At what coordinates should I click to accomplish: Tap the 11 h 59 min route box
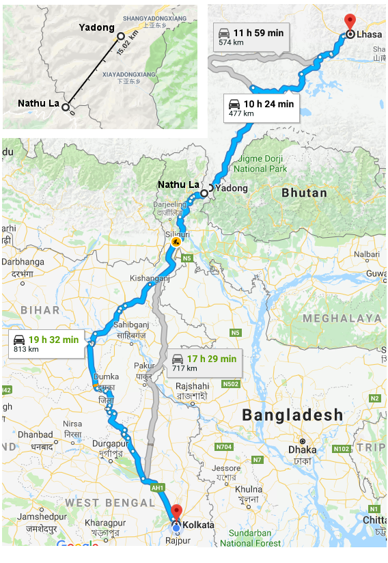tap(249, 36)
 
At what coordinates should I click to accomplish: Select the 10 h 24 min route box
tap(260, 108)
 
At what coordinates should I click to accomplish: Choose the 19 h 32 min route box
tap(45, 343)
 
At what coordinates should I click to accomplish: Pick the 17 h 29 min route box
tap(204, 363)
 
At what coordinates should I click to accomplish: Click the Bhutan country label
tap(304, 193)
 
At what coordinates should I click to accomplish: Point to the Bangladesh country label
tap(292, 415)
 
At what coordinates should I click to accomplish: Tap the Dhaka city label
tap(302, 450)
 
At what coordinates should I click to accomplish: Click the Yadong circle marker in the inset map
tap(121, 36)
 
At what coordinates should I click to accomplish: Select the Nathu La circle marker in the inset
tap(66, 107)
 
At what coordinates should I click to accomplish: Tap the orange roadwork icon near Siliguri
tap(176, 242)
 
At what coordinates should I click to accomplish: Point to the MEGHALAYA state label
tap(342, 318)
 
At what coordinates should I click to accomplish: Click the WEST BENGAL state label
tap(110, 503)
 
